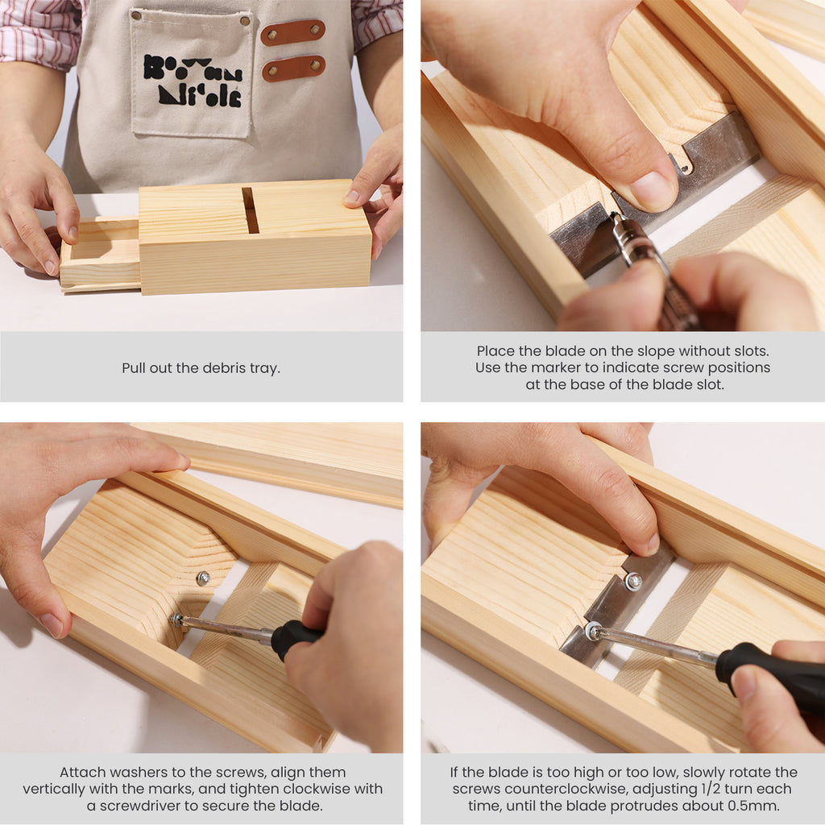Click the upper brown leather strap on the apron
(x=293, y=32)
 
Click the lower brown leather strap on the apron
(x=293, y=68)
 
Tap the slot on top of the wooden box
(x=251, y=210)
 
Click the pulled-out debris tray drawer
(x=101, y=254)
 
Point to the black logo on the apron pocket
(x=193, y=81)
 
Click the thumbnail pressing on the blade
(x=651, y=190)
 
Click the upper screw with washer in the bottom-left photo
(x=203, y=578)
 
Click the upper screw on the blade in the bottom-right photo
(x=633, y=582)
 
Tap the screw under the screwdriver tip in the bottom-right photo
(x=594, y=630)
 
